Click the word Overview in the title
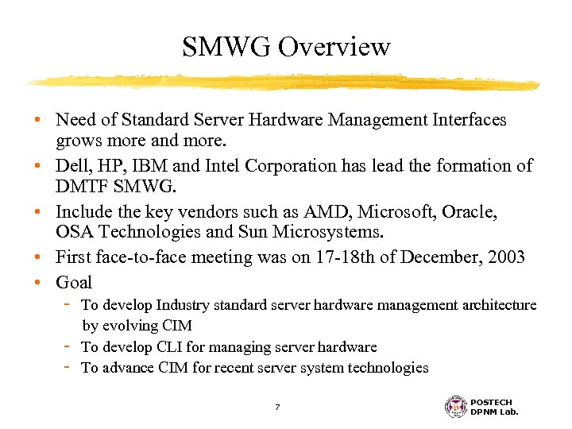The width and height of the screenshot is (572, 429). coord(334,47)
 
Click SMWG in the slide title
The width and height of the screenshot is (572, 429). coord(226,47)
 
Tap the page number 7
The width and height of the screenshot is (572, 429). coord(277,407)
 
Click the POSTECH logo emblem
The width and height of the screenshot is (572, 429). coord(456,406)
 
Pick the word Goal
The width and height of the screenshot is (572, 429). coord(74,282)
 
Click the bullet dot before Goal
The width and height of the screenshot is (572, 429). coord(38,282)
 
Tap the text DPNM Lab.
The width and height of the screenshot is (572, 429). coord(495,412)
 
